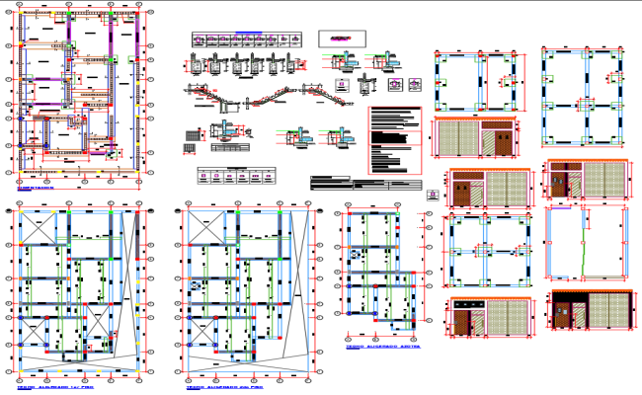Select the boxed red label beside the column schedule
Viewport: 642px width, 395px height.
[340, 38]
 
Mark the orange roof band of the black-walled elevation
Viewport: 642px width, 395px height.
[590, 294]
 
